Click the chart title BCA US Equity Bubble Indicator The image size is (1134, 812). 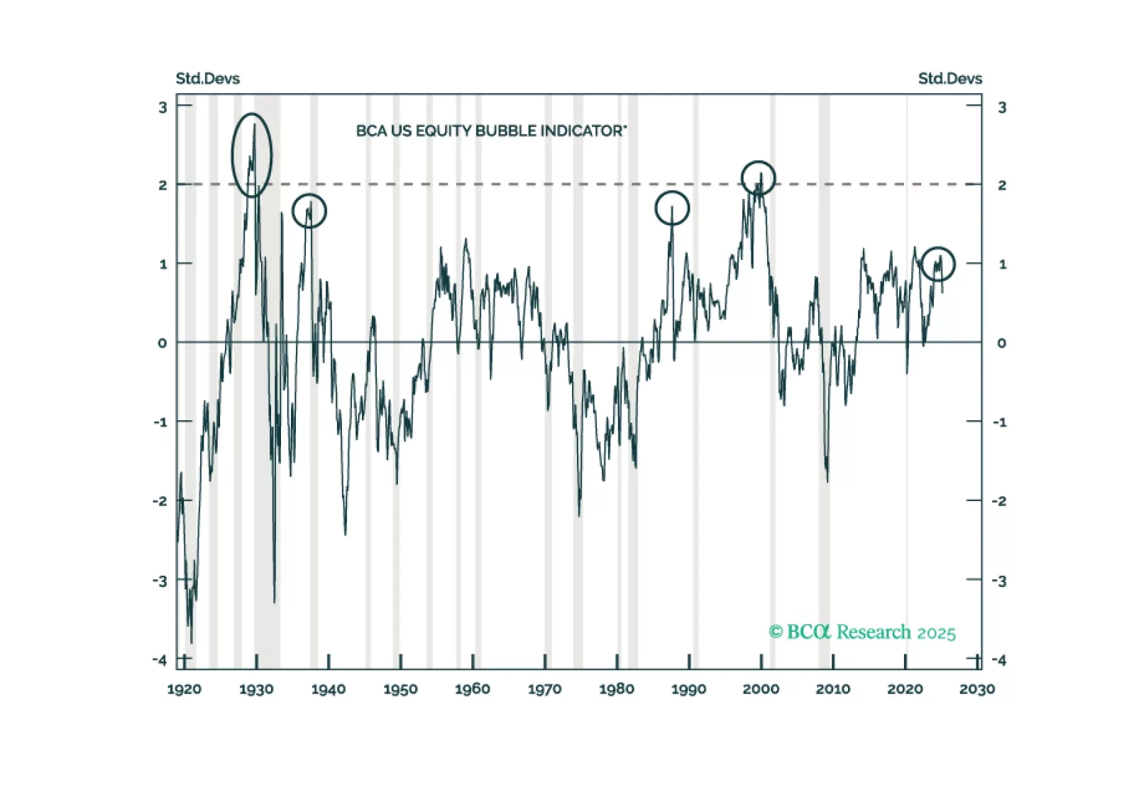point(490,131)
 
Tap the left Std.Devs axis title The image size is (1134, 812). point(208,79)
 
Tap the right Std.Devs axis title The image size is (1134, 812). point(949,79)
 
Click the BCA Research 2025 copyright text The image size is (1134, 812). point(862,632)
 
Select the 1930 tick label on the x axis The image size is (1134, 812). point(256,689)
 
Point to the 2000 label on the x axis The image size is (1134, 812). point(761,689)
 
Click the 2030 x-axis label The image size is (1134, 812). point(977,689)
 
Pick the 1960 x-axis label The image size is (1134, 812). point(473,689)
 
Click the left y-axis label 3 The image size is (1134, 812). point(163,107)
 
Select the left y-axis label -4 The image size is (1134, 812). point(160,660)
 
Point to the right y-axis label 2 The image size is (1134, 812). point(1002,185)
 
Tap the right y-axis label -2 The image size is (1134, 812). point(999,501)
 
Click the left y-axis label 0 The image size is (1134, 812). point(163,344)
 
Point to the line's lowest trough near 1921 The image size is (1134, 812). point(192,642)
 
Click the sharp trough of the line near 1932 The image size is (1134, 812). point(275,602)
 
